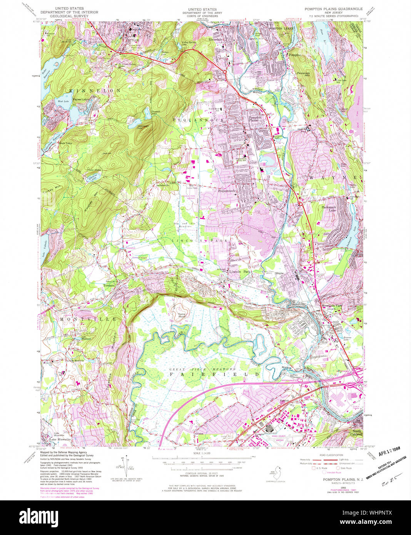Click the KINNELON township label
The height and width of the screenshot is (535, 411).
(x=95, y=90)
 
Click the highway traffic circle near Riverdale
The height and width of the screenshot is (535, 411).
(x=224, y=72)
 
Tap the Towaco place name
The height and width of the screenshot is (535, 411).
(x=109, y=285)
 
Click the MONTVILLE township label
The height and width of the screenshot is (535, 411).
(x=88, y=319)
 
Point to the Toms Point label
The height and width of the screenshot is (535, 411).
(x=182, y=316)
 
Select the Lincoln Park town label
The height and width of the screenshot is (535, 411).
(x=239, y=272)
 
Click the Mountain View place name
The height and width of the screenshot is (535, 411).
(x=331, y=306)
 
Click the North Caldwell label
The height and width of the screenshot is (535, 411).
(x=357, y=433)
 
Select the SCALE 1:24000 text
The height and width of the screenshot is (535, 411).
(x=202, y=453)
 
